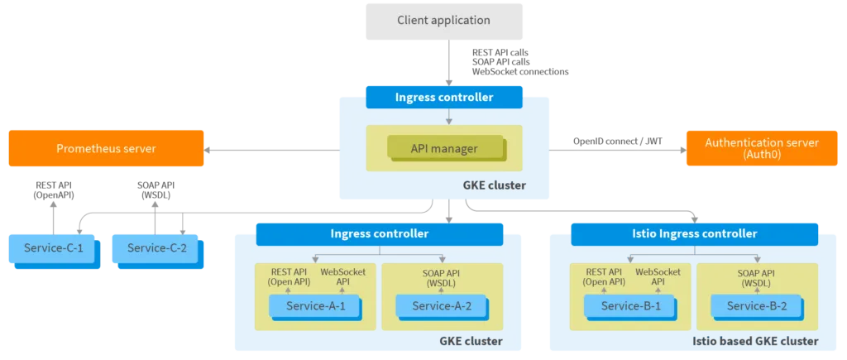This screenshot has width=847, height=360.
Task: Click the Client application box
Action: [x=443, y=21]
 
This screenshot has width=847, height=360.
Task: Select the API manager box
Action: [x=444, y=149]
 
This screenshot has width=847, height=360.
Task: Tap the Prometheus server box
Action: [x=106, y=148]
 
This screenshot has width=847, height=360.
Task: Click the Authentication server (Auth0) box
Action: [x=761, y=148]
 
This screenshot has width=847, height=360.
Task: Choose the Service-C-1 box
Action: [x=51, y=248]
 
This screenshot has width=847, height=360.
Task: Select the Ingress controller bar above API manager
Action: [x=444, y=97]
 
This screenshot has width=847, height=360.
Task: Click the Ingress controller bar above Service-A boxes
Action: [x=379, y=234]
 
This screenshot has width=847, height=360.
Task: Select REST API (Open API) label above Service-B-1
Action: [x=603, y=276]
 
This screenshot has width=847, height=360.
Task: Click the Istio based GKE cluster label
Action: [x=754, y=341]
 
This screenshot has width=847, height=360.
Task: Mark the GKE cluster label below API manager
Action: [x=495, y=185]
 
